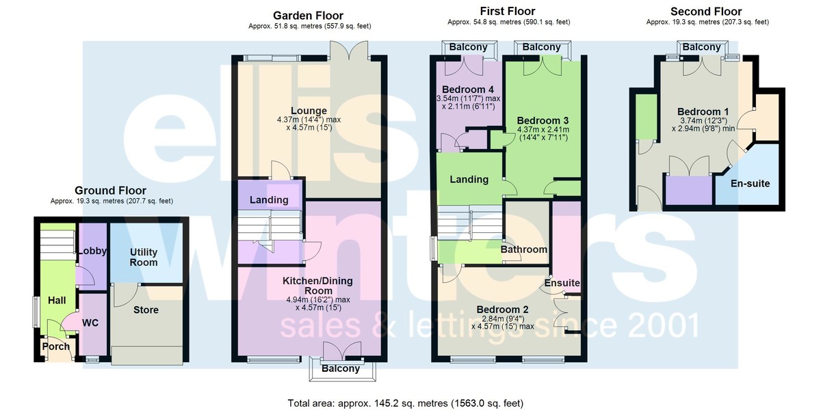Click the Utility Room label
click(144, 258)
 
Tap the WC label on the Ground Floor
click(90, 323)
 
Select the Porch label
click(55, 346)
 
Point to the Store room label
click(146, 310)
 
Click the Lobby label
click(92, 251)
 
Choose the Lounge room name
click(309, 111)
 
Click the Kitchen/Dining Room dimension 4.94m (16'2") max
click(318, 299)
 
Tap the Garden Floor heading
click(309, 16)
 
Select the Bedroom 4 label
click(468, 90)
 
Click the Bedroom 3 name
click(543, 120)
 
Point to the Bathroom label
click(524, 249)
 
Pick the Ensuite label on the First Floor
click(562, 283)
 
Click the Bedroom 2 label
click(502, 310)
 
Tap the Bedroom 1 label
click(703, 111)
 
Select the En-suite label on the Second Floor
click(751, 183)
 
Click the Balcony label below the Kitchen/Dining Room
click(341, 368)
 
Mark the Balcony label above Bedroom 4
click(469, 47)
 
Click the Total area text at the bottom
click(405, 403)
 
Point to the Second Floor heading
click(706, 12)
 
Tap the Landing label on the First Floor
click(469, 179)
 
